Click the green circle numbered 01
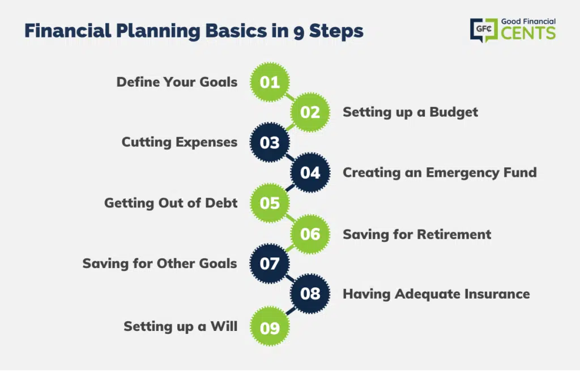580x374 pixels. pyautogui.click(x=270, y=82)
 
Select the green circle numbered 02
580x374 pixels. pyautogui.click(x=310, y=112)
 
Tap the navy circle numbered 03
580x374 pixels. pyautogui.click(x=270, y=142)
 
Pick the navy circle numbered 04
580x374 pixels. pyautogui.click(x=310, y=172)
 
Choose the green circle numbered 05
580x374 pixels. pyautogui.click(x=270, y=203)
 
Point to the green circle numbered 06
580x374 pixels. pyautogui.click(x=310, y=234)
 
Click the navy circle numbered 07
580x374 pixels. pyautogui.click(x=270, y=263)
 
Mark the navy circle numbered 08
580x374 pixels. pyautogui.click(x=310, y=294)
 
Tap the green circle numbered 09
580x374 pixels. pyautogui.click(x=270, y=327)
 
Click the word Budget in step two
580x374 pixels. pyautogui.click(x=454, y=112)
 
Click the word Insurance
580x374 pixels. pyautogui.click(x=497, y=294)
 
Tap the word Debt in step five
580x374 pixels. pyautogui.click(x=221, y=203)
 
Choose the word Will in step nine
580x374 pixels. pyautogui.click(x=224, y=326)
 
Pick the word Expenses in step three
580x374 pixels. pyautogui.click(x=206, y=142)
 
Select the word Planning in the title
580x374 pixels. pyautogui.click(x=158, y=31)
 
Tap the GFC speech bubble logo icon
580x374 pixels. pyautogui.click(x=484, y=29)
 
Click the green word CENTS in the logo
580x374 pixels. pyautogui.click(x=528, y=33)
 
